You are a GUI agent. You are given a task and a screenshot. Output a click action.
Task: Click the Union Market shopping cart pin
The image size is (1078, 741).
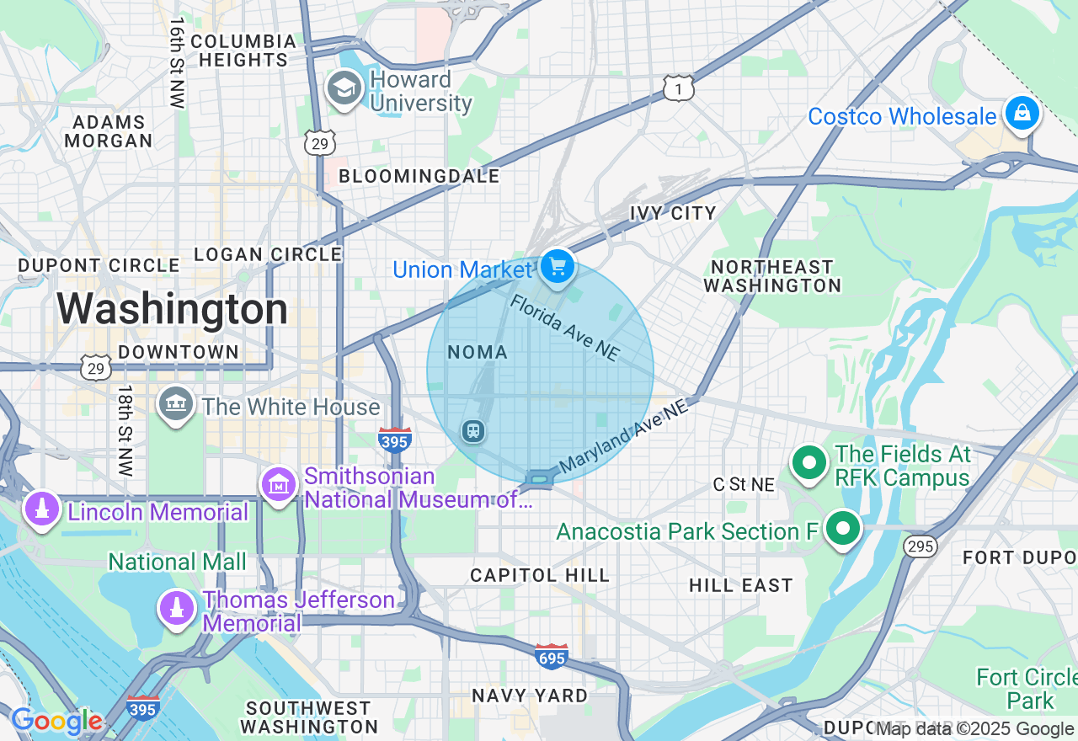coord(557,268)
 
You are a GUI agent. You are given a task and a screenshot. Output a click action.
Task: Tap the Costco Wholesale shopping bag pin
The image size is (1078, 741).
coord(1022,113)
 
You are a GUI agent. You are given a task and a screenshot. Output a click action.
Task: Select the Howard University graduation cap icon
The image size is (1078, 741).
coord(344,88)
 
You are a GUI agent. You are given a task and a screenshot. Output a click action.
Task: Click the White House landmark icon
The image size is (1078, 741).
coord(176,405)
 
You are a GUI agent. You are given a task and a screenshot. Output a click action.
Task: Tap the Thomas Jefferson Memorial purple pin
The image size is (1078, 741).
coord(176,610)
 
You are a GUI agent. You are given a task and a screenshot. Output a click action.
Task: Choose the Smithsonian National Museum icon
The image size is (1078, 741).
coord(279,485)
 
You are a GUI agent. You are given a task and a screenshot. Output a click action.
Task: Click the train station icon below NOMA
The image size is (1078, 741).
coord(473,431)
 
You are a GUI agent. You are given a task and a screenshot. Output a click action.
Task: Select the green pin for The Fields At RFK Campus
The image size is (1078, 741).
coord(809,463)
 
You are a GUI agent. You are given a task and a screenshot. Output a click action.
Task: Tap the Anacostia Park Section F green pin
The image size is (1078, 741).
coord(843,530)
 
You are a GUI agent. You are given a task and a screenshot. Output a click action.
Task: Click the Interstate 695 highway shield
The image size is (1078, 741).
coord(551,656)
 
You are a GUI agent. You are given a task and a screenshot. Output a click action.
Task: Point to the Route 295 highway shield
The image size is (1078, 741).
coord(921,546)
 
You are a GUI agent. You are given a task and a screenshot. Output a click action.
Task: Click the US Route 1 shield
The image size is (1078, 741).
coord(678,88)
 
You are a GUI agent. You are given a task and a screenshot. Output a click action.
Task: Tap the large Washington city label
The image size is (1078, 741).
coord(173,309)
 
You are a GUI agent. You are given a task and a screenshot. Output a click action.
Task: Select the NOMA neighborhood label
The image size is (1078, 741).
coord(478,353)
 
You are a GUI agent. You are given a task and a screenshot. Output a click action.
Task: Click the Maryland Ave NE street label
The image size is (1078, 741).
coord(623,436)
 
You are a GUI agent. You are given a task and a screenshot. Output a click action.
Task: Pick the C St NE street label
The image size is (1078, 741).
coord(744,484)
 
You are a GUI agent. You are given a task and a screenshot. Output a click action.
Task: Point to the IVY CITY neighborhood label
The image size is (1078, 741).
coord(673,213)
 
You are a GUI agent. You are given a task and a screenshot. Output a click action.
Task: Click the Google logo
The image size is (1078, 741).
coord(56,721)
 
